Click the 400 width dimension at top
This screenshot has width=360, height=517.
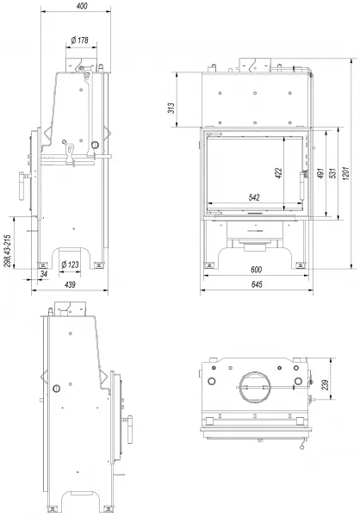[82, 6]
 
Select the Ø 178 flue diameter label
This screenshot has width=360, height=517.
[80, 40]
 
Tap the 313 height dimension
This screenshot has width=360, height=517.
[171, 109]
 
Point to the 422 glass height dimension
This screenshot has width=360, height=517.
[278, 173]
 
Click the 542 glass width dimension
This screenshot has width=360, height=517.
[254, 197]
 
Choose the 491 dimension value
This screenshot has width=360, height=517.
[320, 173]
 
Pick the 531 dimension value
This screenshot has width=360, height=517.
[333, 173]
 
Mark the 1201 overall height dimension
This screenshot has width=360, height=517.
[345, 173]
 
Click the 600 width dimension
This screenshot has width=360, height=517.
[256, 270]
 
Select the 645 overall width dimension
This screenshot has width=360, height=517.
[257, 283]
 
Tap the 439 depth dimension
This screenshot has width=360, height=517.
[70, 284]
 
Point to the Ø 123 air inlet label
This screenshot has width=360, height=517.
[71, 265]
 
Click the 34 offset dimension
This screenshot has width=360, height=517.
[44, 274]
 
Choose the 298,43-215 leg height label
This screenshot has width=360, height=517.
[8, 251]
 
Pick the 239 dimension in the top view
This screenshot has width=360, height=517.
[325, 385]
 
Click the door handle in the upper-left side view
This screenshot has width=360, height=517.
[22, 186]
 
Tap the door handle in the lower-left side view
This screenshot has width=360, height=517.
[129, 430]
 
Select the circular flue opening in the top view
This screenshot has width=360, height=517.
[255, 387]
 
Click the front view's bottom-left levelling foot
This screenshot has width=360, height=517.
[208, 265]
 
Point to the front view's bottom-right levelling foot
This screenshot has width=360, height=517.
[301, 265]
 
